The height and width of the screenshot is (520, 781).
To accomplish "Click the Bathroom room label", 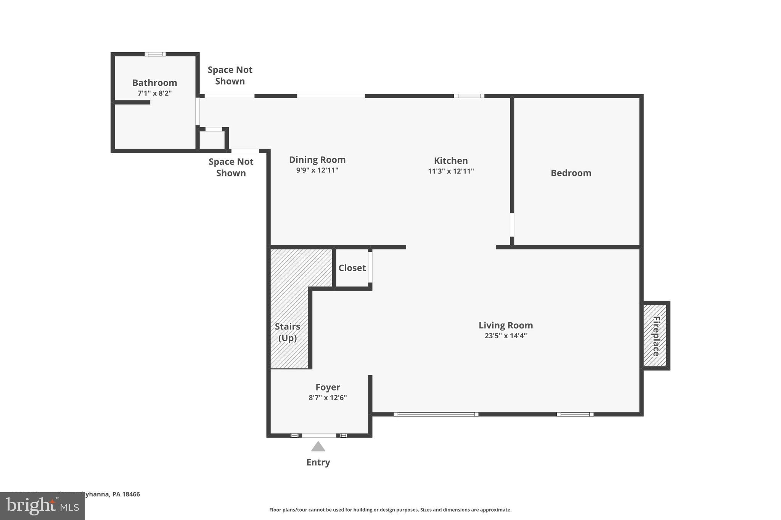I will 154,83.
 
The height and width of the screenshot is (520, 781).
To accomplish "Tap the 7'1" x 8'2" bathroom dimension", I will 154,93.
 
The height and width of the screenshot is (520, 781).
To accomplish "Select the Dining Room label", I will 317,160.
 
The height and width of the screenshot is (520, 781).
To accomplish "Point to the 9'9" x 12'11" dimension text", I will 317,170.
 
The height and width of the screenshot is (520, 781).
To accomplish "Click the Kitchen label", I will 450,161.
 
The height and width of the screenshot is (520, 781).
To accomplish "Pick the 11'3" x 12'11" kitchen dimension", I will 450,171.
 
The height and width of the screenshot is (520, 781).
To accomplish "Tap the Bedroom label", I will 570,173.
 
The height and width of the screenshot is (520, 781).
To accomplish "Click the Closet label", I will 352,268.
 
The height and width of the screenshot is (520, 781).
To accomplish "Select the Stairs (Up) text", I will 287,332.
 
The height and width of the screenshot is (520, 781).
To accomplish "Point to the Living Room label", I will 505,325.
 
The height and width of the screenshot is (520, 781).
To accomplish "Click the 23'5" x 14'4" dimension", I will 505,336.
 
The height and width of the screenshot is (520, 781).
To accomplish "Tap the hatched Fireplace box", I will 655,336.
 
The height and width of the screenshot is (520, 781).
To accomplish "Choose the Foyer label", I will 327,387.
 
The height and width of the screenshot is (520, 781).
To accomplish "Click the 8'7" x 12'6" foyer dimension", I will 327,398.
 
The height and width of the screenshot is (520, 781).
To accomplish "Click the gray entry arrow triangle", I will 318,447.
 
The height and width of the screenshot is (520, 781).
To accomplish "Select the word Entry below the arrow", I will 318,462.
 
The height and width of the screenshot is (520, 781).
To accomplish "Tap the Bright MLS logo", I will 42,506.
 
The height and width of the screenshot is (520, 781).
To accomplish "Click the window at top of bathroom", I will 155,54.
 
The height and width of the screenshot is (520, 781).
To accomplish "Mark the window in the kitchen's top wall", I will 469,96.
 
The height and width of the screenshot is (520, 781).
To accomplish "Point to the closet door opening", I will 370,267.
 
